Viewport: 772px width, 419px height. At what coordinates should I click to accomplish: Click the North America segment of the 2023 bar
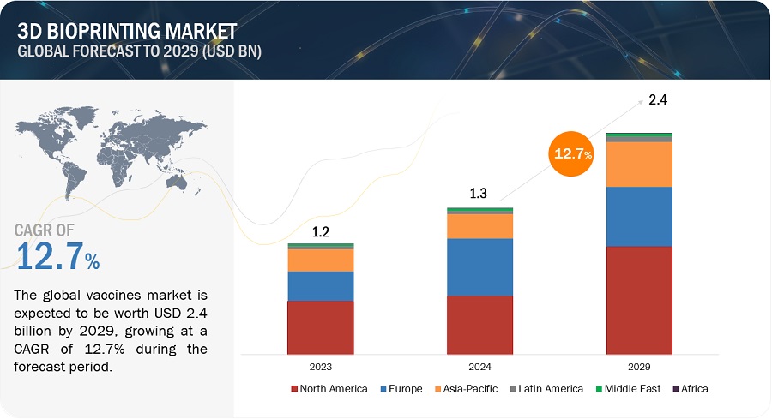321,326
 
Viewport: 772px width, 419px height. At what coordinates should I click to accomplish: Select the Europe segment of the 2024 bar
479,266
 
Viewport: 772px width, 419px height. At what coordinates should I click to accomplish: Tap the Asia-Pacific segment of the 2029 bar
639,164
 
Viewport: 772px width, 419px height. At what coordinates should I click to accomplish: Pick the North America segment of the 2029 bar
639,300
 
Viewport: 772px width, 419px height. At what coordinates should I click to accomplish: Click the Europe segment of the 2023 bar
321,285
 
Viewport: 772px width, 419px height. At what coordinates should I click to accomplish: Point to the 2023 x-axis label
321,366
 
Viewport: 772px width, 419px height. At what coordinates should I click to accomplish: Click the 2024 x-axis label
479,366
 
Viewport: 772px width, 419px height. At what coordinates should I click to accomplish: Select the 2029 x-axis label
639,366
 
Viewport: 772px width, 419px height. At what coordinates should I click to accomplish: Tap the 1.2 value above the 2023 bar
321,231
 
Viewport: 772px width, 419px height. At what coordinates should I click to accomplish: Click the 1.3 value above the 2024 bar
479,195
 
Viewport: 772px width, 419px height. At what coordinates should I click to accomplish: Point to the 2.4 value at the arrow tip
657,100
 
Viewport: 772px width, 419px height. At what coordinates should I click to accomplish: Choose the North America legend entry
335,389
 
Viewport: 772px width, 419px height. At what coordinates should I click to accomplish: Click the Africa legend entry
691,389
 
